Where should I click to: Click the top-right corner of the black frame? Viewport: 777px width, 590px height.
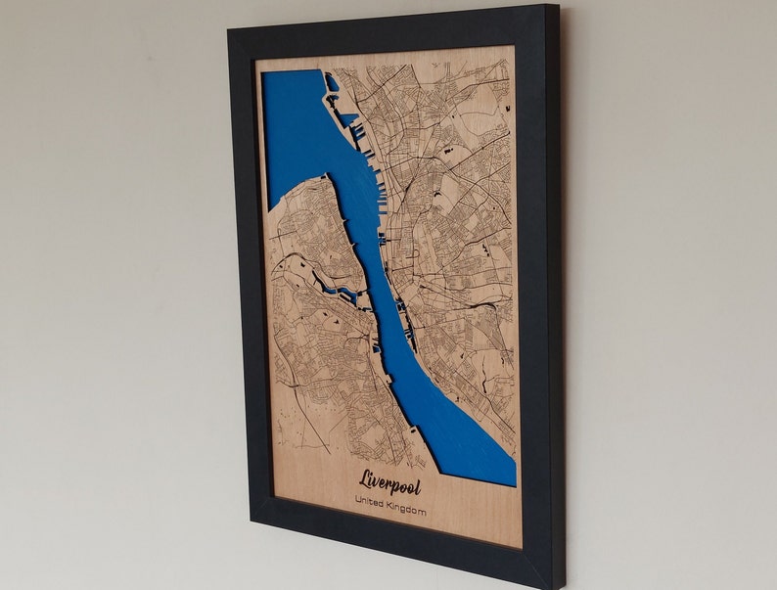click(x=557, y=6)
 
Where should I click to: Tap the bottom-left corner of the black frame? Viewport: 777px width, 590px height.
click(x=253, y=524)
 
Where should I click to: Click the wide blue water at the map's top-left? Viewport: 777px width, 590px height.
click(x=294, y=127)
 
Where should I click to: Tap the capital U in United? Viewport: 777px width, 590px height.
click(x=359, y=503)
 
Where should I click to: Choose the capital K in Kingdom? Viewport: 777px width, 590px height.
click(x=398, y=507)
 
